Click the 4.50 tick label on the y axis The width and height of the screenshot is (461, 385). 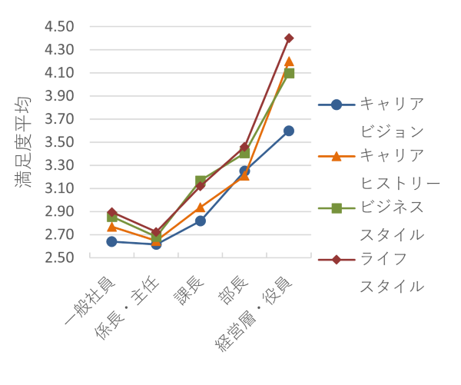click(x=59, y=27)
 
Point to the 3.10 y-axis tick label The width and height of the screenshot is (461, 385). click(x=59, y=188)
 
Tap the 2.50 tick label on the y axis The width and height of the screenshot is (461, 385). click(x=59, y=257)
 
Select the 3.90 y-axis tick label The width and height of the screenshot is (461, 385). click(x=59, y=96)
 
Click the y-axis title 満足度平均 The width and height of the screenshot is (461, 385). click(x=22, y=142)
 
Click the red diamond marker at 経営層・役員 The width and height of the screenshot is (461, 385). click(x=289, y=38)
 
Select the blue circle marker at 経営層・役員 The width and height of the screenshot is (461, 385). click(x=289, y=131)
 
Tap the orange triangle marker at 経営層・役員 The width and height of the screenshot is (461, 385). click(x=289, y=61)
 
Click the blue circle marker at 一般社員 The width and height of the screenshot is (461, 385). click(x=112, y=241)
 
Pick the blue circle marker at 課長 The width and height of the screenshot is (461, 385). click(x=201, y=221)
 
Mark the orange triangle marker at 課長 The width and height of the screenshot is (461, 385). click(x=201, y=207)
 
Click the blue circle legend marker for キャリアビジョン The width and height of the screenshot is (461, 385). click(x=337, y=105)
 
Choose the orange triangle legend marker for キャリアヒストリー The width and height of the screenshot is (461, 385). click(x=337, y=156)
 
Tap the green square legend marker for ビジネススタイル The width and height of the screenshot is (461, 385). click(x=337, y=208)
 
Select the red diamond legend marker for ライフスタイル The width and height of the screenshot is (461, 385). click(x=337, y=260)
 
